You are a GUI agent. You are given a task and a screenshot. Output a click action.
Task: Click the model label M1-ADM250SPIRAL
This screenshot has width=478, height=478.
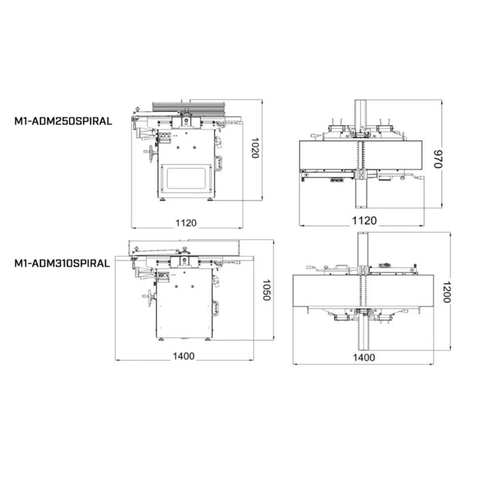coord(63,121)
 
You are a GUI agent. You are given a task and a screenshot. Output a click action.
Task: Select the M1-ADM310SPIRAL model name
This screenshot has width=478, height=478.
coord(62,263)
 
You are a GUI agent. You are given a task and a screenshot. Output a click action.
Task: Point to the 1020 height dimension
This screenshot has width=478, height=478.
coord(255,148)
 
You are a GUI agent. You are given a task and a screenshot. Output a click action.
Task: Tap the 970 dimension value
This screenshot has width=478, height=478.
coord(438,158)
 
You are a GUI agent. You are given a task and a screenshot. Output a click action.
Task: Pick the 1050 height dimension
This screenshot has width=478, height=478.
coord(266,290)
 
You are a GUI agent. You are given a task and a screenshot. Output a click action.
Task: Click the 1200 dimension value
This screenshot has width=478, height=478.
coord(447,292)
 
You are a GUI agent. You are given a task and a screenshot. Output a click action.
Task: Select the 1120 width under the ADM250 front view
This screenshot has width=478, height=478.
coord(186,223)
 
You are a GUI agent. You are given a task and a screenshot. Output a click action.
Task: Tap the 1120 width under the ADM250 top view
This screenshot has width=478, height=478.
coord(365,221)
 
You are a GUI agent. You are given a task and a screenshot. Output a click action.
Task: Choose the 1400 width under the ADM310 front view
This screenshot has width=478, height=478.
coord(184,356)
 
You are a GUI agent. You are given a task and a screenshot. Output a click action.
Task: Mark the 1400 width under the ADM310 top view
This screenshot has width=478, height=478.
coord(364,357)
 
